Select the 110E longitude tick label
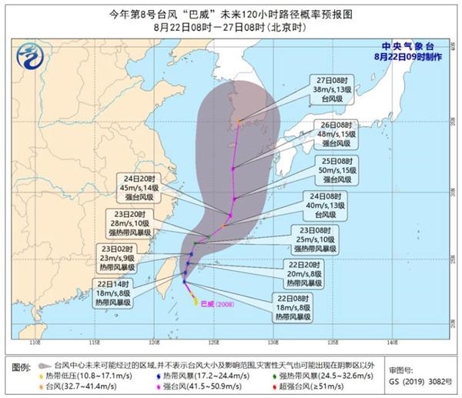33,339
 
